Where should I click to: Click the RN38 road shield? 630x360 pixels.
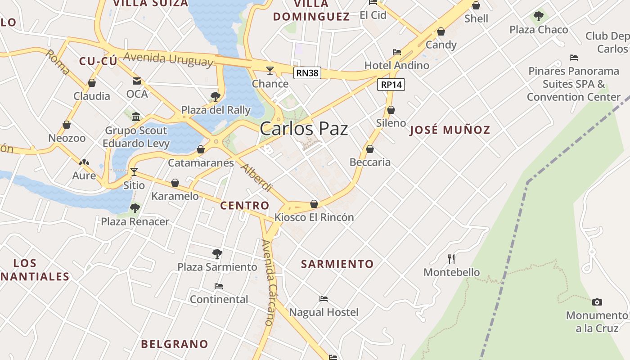point(307,73)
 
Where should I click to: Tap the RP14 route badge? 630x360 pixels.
point(391,84)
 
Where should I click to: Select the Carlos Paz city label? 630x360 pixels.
point(304,129)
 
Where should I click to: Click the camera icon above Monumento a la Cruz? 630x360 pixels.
point(597,302)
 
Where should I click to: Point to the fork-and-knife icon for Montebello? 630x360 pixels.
point(451,259)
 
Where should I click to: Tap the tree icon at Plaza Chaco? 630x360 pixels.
point(538,17)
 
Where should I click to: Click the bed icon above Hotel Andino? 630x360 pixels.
point(396,52)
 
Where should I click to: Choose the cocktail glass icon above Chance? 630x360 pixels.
point(270,70)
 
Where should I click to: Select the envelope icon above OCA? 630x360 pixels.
point(136,81)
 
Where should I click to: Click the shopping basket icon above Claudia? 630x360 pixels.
point(92,83)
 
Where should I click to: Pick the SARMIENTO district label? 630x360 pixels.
point(337,264)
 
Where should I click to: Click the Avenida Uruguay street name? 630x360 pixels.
point(168,59)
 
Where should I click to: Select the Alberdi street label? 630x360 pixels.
point(257,177)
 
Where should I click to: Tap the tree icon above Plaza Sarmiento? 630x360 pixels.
point(217,254)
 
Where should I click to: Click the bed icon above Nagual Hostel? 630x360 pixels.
point(323,298)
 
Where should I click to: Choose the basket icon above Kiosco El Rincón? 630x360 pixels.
point(314,204)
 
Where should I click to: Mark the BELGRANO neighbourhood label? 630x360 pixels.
point(175,344)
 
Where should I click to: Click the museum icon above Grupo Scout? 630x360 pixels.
point(136,117)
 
